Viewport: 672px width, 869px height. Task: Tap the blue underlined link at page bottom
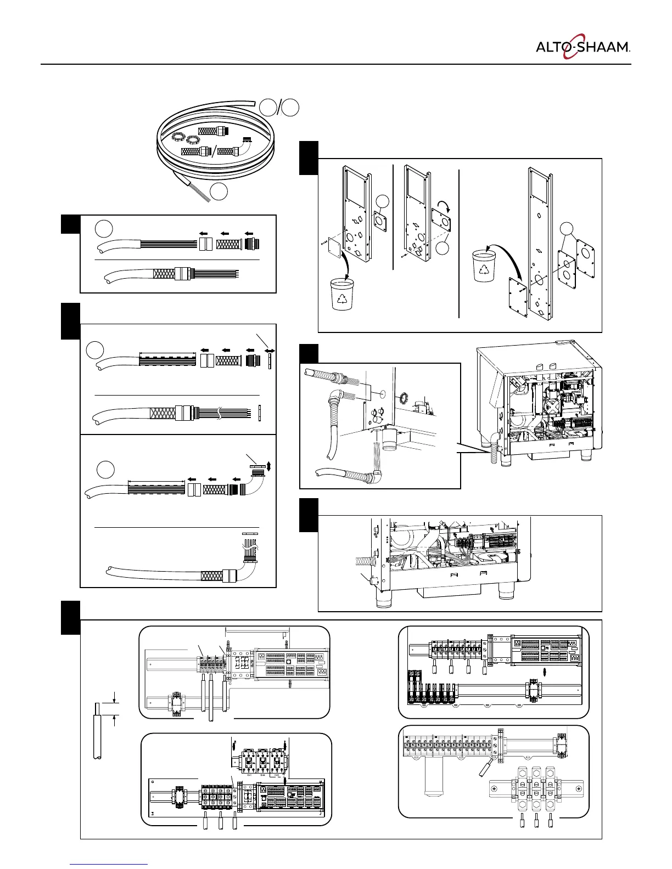click(x=109, y=865)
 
